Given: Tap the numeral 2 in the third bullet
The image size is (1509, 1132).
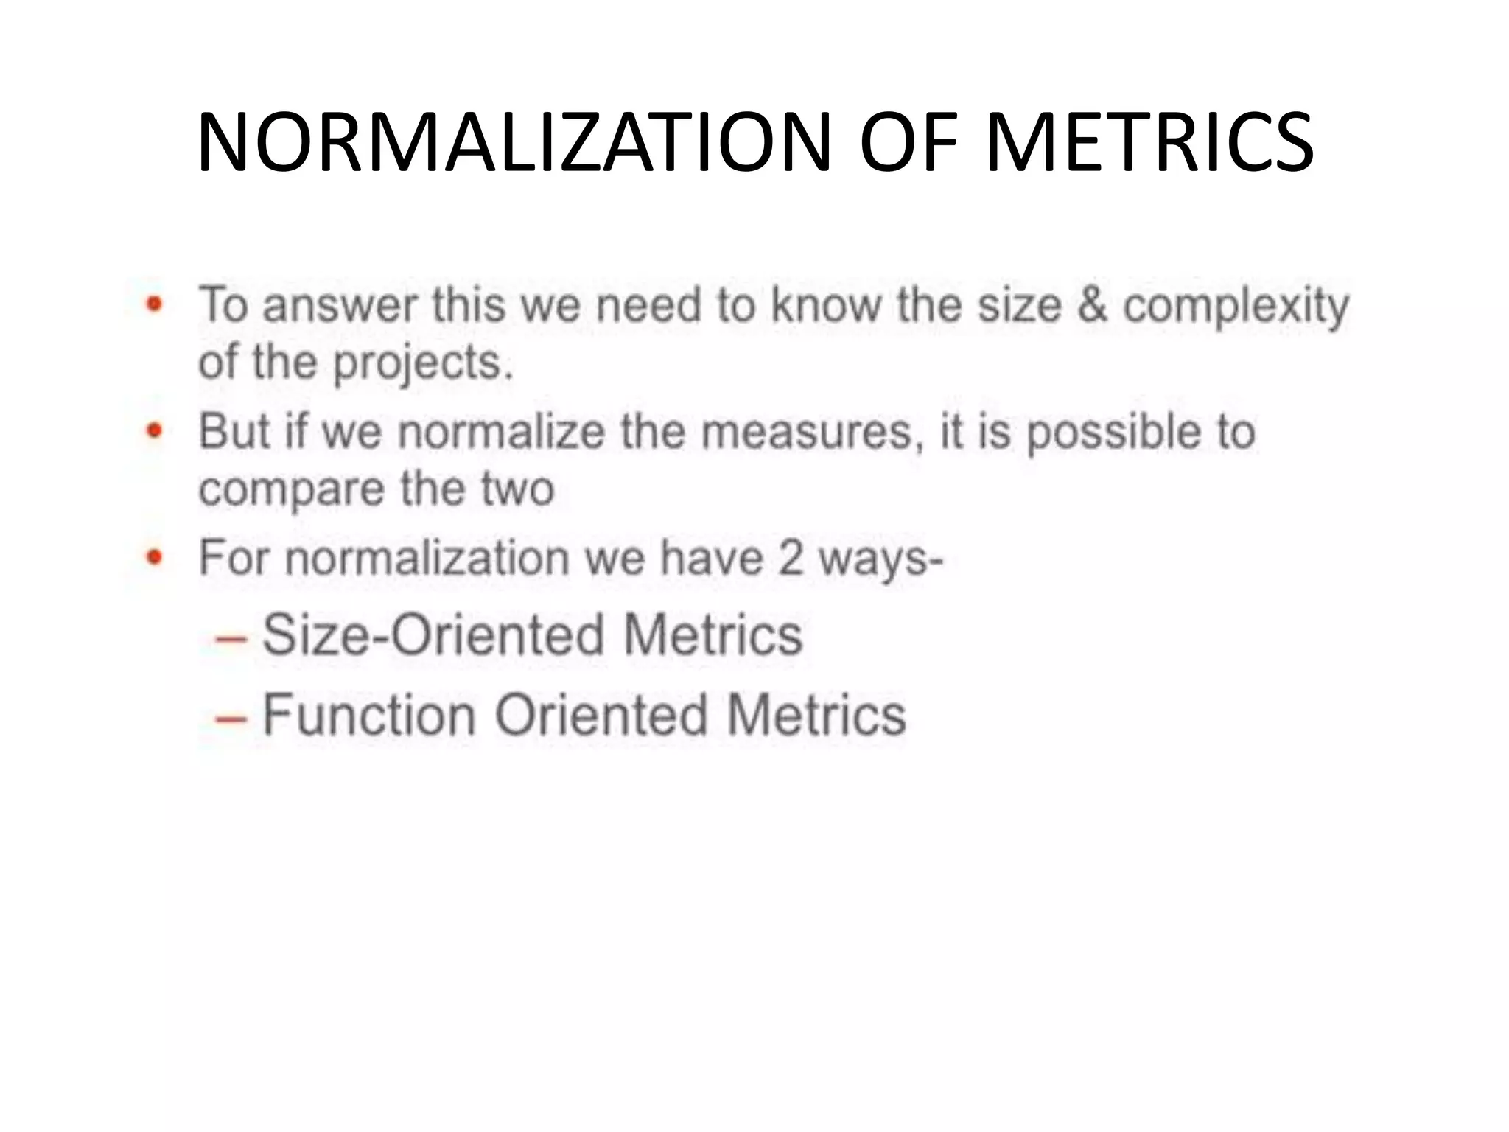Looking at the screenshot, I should [790, 558].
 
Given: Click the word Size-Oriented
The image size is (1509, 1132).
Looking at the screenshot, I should [434, 635].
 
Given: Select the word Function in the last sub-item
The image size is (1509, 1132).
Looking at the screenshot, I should [369, 715].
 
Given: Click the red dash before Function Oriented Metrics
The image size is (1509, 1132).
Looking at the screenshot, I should [230, 717].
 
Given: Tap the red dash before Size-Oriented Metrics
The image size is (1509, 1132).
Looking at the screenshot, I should [230, 637].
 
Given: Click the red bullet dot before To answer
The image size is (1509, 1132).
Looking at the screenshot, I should [154, 304].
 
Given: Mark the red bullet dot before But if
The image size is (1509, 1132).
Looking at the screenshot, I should [154, 430].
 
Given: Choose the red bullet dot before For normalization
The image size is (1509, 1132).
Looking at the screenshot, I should [154, 557].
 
